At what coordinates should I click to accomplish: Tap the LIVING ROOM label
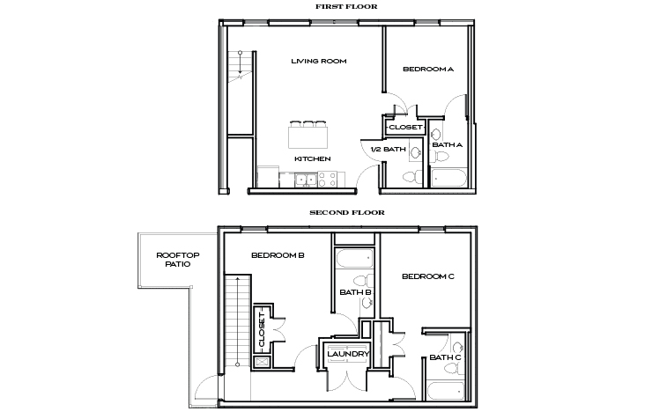tap(318, 62)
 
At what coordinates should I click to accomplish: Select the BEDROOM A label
tap(427, 69)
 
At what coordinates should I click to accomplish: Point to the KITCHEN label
tap(312, 158)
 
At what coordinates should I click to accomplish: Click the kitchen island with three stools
tap(307, 136)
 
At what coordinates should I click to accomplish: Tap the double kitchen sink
tap(307, 180)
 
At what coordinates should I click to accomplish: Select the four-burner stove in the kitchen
tap(328, 180)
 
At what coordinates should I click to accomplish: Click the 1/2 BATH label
tap(388, 150)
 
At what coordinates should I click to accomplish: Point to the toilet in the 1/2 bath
tap(411, 178)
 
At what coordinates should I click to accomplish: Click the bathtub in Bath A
tap(450, 180)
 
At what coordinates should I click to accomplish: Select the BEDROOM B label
tap(278, 255)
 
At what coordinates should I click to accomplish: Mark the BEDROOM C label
tap(427, 276)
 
